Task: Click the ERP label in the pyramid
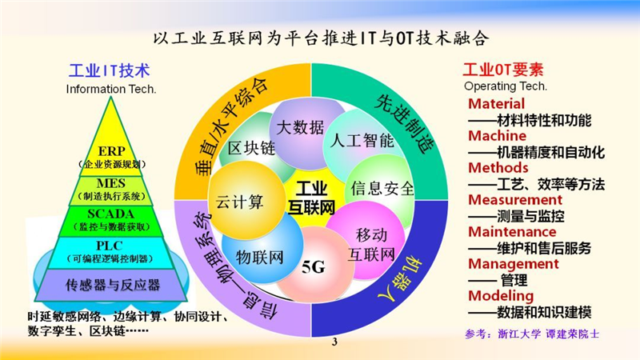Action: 111,151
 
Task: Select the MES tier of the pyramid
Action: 111,190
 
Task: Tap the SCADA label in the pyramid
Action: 110,214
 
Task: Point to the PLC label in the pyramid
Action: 110,246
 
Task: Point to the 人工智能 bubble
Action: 362,141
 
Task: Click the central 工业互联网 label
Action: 311,198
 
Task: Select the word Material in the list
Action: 496,104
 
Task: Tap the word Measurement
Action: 515,199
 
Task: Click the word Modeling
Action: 501,296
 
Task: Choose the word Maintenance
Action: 512,232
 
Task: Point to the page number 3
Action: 334,342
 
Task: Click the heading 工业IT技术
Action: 110,70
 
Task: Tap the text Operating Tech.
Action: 506,86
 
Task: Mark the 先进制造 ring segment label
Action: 405,122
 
